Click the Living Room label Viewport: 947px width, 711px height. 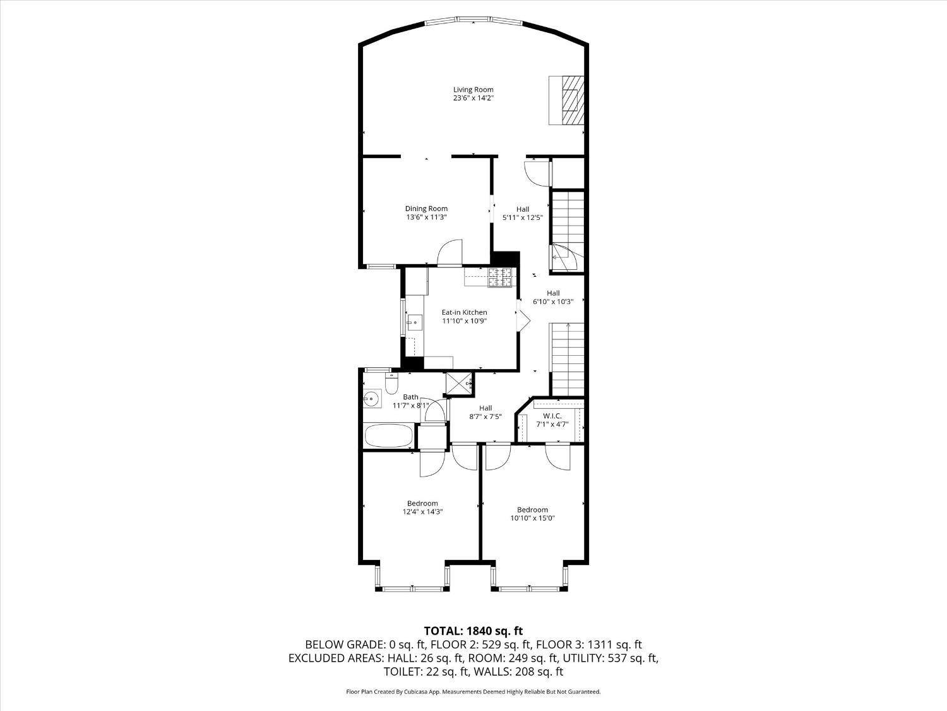pos(473,90)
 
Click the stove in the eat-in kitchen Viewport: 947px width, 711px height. pos(499,277)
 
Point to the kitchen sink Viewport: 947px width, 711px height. pos(414,322)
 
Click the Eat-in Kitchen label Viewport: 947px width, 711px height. pos(464,312)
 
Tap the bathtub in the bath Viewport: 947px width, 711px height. pos(389,435)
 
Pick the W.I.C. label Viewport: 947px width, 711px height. pos(548,416)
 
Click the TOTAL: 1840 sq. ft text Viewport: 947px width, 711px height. pos(473,631)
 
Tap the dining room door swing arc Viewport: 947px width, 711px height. pos(450,251)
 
